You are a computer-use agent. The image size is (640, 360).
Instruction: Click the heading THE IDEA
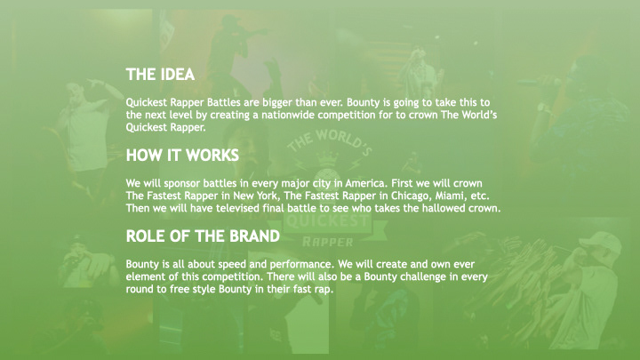(x=160, y=75)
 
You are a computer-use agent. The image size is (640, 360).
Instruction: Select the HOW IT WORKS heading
(x=182, y=155)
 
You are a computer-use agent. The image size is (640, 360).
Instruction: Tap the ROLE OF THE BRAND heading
(x=203, y=236)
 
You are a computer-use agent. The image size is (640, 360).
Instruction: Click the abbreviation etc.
(x=480, y=196)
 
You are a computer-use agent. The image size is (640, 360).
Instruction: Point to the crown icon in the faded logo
(x=328, y=157)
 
